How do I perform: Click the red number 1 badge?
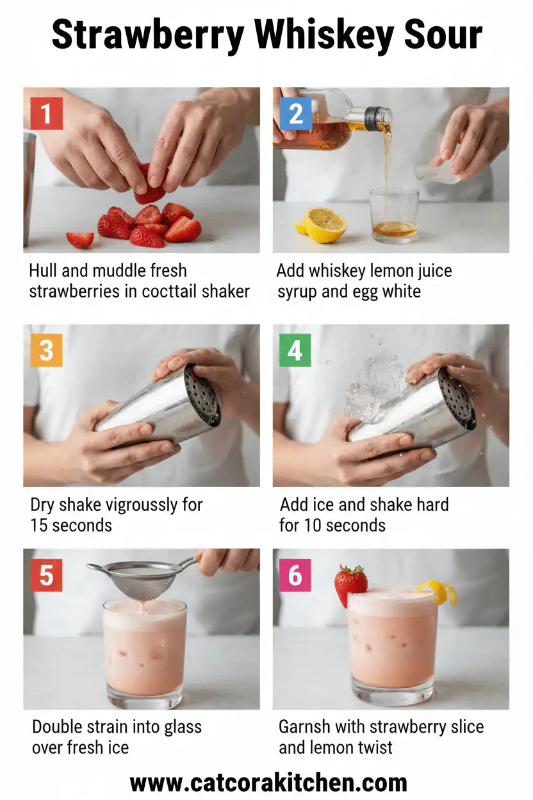[x=46, y=114]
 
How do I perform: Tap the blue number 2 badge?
[x=295, y=114]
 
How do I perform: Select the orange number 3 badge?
[x=46, y=351]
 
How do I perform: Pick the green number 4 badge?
[x=295, y=351]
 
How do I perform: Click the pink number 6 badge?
[x=295, y=575]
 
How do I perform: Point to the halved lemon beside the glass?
[x=324, y=224]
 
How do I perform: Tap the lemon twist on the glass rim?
[x=438, y=592]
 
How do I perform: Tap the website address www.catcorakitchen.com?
[x=268, y=783]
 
